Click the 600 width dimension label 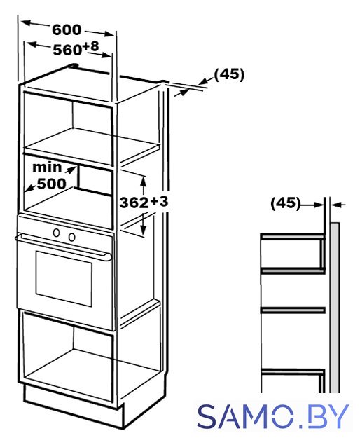(67, 30)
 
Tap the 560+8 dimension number (76, 48)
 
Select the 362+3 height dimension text (144, 202)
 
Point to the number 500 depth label (52, 184)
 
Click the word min (47, 167)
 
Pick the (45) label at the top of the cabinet (229, 75)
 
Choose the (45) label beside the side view (285, 203)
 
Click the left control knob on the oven (57, 233)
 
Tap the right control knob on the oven (71, 237)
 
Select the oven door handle (63, 247)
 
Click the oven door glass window (64, 278)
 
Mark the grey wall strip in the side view (335, 308)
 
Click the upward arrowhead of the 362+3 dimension (144, 181)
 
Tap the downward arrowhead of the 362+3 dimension (144, 230)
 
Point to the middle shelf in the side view (293, 310)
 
